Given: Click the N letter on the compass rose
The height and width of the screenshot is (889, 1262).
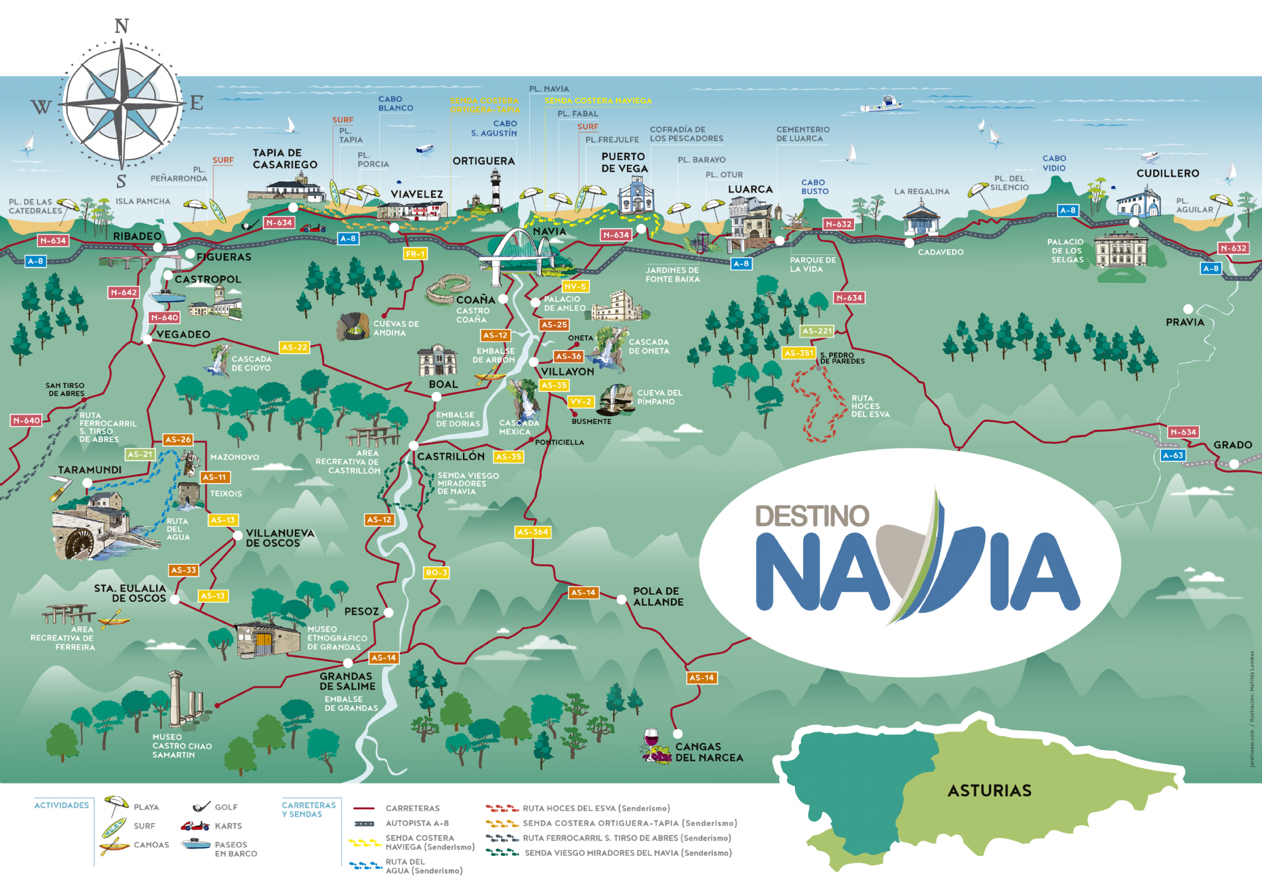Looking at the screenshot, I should [x=122, y=26].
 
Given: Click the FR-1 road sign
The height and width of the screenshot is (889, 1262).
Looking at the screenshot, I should [x=414, y=254].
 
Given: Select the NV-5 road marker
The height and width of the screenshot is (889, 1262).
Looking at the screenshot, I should [x=575, y=286].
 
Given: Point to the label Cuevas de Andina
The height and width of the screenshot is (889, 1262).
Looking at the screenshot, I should [x=396, y=328].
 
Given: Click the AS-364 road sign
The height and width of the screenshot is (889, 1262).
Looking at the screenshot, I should [x=533, y=532].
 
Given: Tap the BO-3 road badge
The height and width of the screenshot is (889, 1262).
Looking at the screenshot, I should [x=436, y=572].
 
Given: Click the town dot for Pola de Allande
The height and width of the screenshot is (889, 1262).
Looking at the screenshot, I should [x=621, y=599].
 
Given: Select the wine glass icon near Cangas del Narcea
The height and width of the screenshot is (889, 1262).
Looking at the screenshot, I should [x=651, y=739].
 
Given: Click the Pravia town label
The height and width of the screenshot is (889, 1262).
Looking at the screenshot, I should [x=1184, y=322].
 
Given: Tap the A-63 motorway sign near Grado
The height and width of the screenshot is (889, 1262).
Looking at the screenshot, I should [x=1172, y=455].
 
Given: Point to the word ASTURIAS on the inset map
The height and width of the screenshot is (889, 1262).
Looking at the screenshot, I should [x=989, y=791].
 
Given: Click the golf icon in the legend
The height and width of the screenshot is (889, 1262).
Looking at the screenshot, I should [x=201, y=807].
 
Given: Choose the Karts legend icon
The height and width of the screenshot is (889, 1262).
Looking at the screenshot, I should [x=195, y=826].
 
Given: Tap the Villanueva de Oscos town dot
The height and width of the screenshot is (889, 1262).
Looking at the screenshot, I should [x=237, y=536].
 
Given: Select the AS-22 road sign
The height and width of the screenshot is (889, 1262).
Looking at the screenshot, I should [x=294, y=347].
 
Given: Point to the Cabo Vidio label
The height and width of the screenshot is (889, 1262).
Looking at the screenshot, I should [x=1053, y=163].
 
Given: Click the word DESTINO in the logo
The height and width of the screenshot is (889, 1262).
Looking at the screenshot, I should [x=812, y=516].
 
